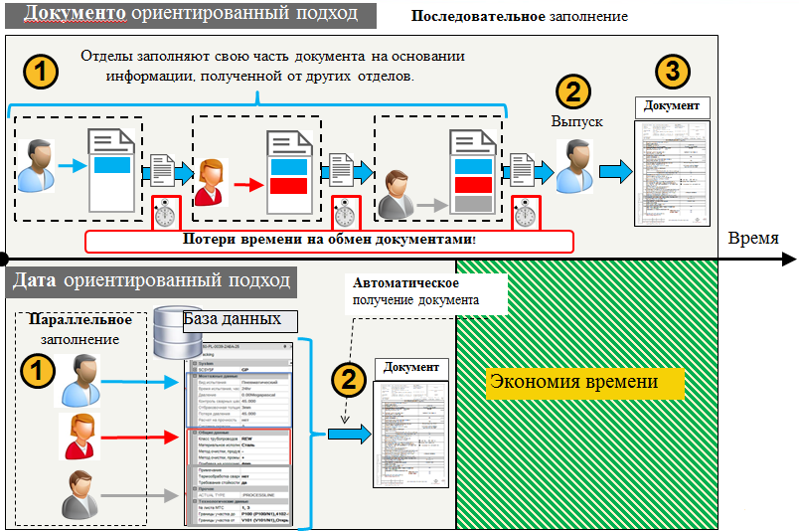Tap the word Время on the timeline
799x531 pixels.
(760, 238)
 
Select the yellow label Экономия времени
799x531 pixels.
(572, 383)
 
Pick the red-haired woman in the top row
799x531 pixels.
(210, 182)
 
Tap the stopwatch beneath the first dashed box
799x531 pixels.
(166, 212)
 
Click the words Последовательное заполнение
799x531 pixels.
(520, 18)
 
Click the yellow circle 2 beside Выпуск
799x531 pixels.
(570, 91)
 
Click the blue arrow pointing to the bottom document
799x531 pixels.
(348, 434)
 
